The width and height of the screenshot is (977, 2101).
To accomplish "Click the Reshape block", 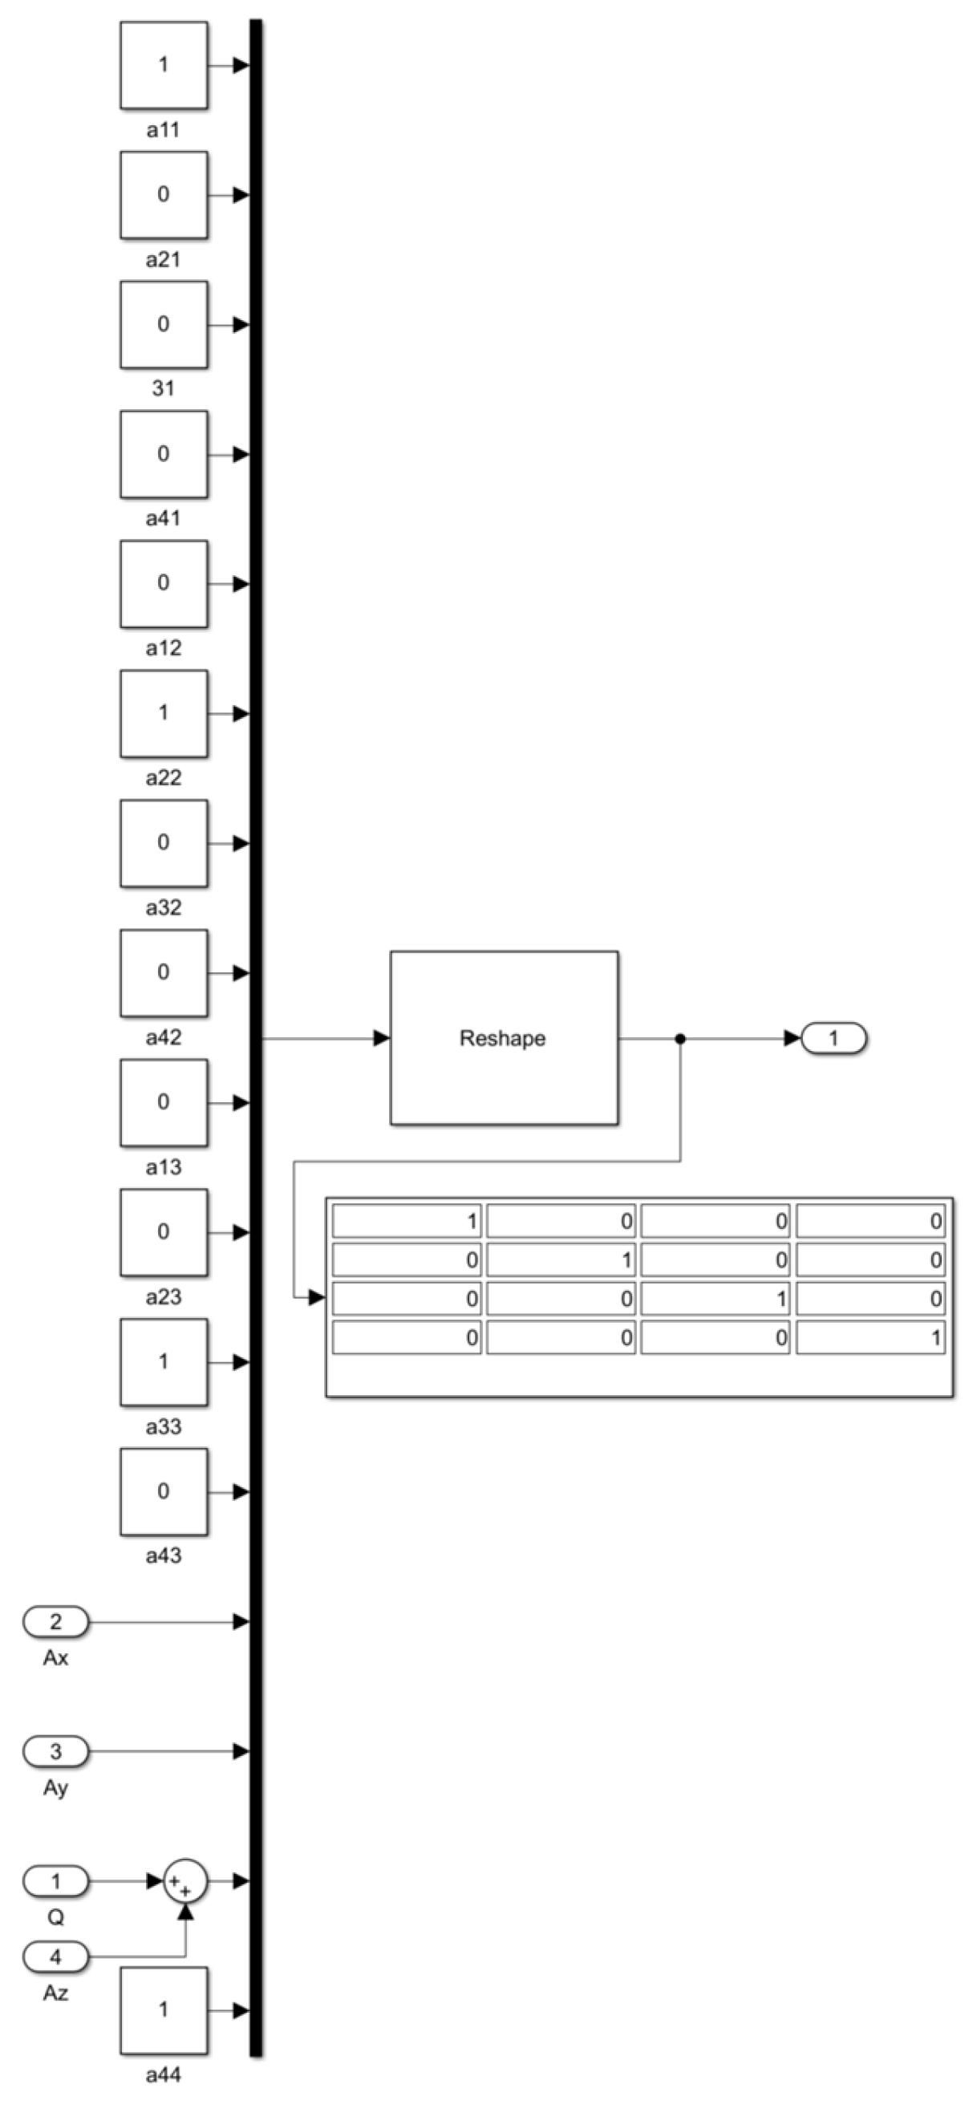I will [503, 1037].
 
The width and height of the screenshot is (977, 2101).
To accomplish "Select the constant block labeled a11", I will [163, 65].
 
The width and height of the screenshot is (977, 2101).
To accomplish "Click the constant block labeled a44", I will [163, 2010].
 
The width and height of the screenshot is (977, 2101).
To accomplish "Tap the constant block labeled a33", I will [163, 1361].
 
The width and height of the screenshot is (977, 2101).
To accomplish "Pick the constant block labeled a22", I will [163, 714].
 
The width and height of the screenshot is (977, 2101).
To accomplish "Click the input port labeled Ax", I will [55, 1621].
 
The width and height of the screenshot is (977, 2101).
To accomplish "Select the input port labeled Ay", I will [55, 1751].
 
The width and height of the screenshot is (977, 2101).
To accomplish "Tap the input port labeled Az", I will [55, 1956].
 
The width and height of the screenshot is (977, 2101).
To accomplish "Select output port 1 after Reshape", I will [833, 1038].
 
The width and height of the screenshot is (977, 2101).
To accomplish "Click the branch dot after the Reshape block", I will [680, 1038].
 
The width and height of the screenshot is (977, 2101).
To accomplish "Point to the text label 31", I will [163, 388].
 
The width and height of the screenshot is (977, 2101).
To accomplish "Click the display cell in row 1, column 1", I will [407, 1221].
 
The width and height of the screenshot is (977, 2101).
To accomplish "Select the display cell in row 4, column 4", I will [870, 1337].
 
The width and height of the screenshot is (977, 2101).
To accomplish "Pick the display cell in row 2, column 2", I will [561, 1260].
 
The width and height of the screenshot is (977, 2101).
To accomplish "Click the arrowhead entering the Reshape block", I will [382, 1038].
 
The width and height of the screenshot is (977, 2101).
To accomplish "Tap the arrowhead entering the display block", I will [316, 1298].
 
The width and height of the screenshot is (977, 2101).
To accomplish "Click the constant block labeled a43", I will [163, 1491].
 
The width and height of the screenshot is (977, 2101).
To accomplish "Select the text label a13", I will [163, 1167].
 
